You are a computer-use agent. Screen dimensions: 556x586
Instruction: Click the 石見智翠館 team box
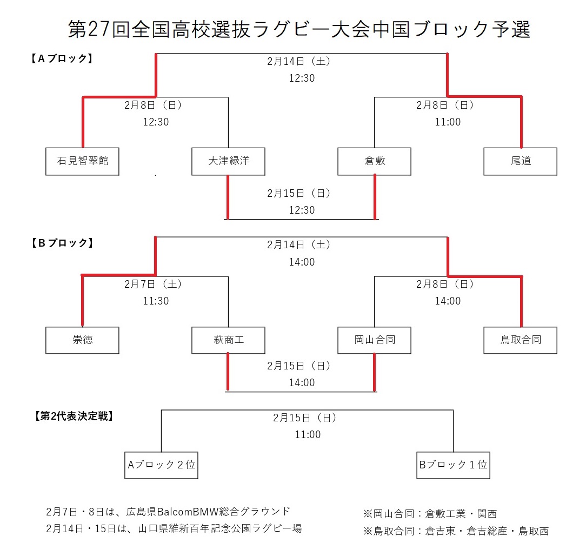pyautogui.click(x=82, y=161)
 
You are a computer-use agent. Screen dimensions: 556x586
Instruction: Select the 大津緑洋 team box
pyautogui.click(x=228, y=161)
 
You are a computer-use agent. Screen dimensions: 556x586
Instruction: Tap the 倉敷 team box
pyautogui.click(x=374, y=161)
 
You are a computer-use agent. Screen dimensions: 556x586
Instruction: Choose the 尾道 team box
pyautogui.click(x=520, y=161)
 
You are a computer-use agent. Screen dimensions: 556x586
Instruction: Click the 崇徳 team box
pyautogui.click(x=82, y=340)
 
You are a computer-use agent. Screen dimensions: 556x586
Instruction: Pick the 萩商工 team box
pyautogui.click(x=228, y=340)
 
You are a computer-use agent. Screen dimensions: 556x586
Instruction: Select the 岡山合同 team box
pyautogui.click(x=374, y=340)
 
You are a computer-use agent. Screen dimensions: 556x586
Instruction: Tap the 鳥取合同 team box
pyautogui.click(x=520, y=340)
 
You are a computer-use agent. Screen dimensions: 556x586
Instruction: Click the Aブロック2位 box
pyautogui.click(x=161, y=465)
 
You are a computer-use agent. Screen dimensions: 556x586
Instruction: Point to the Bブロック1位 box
pyautogui.click(x=453, y=465)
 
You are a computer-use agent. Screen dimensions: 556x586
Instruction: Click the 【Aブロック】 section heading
pyautogui.click(x=59, y=58)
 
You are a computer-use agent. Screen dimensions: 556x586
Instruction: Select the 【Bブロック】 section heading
pyautogui.click(x=59, y=243)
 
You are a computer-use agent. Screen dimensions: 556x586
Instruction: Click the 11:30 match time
pyautogui.click(x=156, y=301)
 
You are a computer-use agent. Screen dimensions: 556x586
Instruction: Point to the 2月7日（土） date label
pyautogui.click(x=156, y=283)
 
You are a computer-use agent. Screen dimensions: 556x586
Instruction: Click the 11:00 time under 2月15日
pyautogui.click(x=307, y=434)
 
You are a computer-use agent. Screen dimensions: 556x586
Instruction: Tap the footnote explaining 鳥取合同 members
pyautogui.click(x=456, y=531)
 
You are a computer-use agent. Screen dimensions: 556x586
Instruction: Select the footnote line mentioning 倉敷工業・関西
pyautogui.click(x=430, y=514)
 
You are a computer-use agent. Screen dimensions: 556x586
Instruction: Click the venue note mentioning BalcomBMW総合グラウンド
pyautogui.click(x=168, y=511)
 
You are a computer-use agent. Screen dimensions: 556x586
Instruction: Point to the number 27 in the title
pyautogui.click(x=99, y=30)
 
